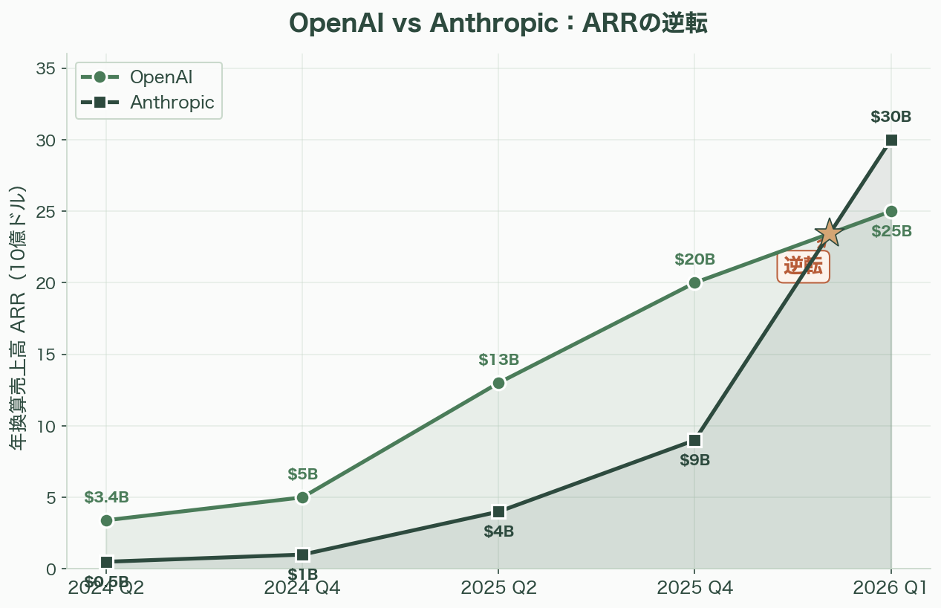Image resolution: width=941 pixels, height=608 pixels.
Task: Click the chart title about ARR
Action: tap(498, 24)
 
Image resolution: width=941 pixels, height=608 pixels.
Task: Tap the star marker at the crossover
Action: tap(828, 233)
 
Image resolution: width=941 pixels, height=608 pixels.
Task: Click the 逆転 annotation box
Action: tap(803, 266)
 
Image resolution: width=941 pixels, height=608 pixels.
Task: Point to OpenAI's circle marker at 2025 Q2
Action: tap(498, 383)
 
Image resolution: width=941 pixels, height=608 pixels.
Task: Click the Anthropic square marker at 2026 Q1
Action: tap(891, 140)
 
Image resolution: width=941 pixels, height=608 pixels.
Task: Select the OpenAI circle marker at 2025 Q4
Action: tap(694, 282)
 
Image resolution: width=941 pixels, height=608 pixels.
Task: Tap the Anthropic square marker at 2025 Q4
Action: tap(694, 440)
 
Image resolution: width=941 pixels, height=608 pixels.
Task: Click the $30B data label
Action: tap(891, 117)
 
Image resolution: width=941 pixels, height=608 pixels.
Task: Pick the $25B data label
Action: tap(891, 231)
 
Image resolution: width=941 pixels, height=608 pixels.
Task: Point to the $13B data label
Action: tap(498, 360)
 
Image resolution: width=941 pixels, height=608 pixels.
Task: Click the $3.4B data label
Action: tap(106, 497)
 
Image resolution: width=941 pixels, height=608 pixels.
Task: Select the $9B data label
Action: tap(694, 460)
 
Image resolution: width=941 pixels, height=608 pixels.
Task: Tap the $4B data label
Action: tap(498, 531)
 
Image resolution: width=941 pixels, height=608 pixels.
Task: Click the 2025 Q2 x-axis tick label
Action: tap(498, 588)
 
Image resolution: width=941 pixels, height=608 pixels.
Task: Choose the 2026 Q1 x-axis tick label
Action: tap(890, 588)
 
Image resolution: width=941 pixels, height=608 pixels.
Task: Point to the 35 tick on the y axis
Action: tap(46, 69)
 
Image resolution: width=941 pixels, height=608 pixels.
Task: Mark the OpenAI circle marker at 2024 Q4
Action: tap(302, 497)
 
